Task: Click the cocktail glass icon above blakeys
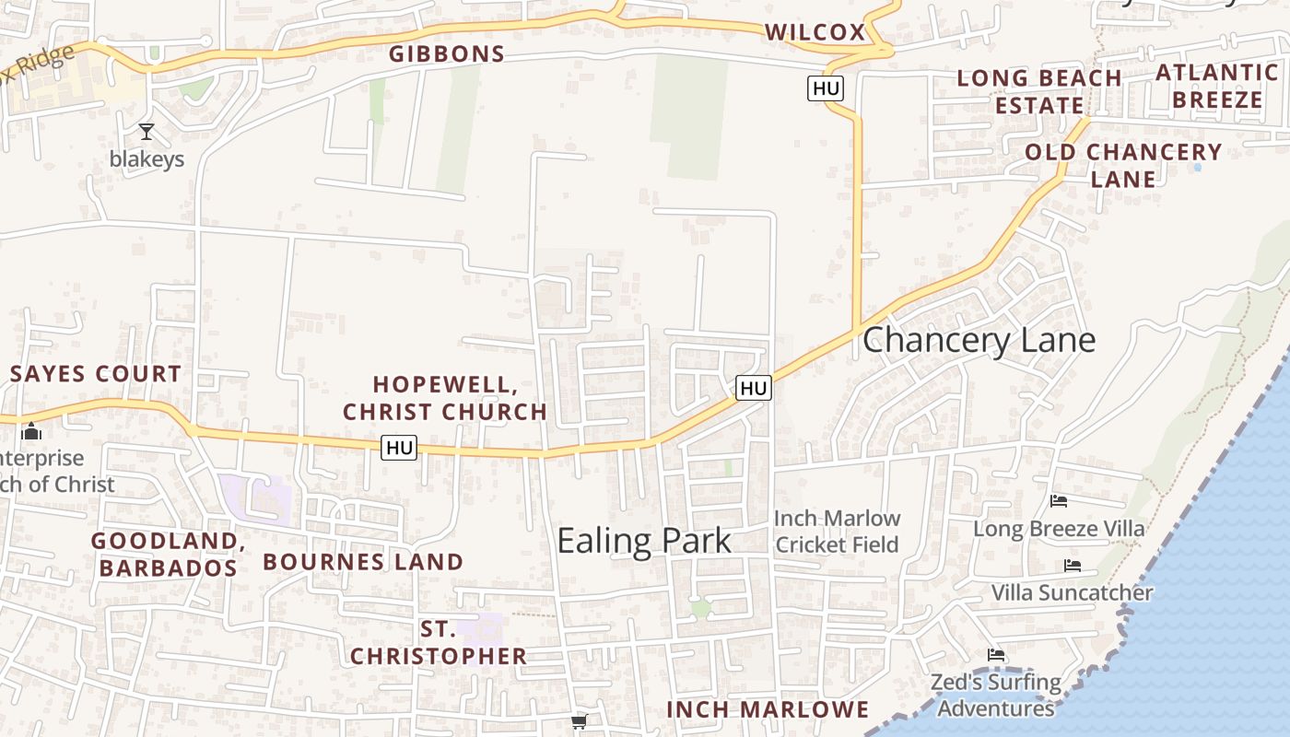[x=146, y=132]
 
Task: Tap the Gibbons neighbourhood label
[x=447, y=54]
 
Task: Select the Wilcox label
[x=815, y=32]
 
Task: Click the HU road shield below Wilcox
[x=826, y=88]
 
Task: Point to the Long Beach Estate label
[x=1039, y=91]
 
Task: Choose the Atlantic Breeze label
[x=1217, y=86]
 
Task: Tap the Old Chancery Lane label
[x=1123, y=165]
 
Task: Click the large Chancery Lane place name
[x=979, y=340]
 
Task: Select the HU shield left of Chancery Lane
[x=754, y=389]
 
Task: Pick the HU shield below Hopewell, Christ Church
[x=399, y=449]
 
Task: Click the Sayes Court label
[x=96, y=374]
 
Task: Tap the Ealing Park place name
[x=644, y=541]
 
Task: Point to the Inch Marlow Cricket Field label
[x=837, y=532]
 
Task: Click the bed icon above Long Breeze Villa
[x=1059, y=501]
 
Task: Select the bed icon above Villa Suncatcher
[x=1073, y=566]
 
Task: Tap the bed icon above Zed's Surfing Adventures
[x=996, y=655]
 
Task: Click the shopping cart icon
[x=579, y=721]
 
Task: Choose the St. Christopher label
[x=439, y=643]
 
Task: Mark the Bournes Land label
[x=363, y=562]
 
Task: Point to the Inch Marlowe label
[x=768, y=709]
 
